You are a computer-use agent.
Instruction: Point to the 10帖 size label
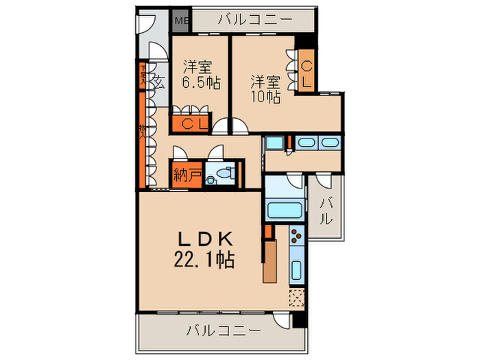265,97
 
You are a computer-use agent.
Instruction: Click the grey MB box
181,20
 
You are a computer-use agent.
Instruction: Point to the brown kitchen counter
270,261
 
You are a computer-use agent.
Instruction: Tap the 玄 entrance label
158,84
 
